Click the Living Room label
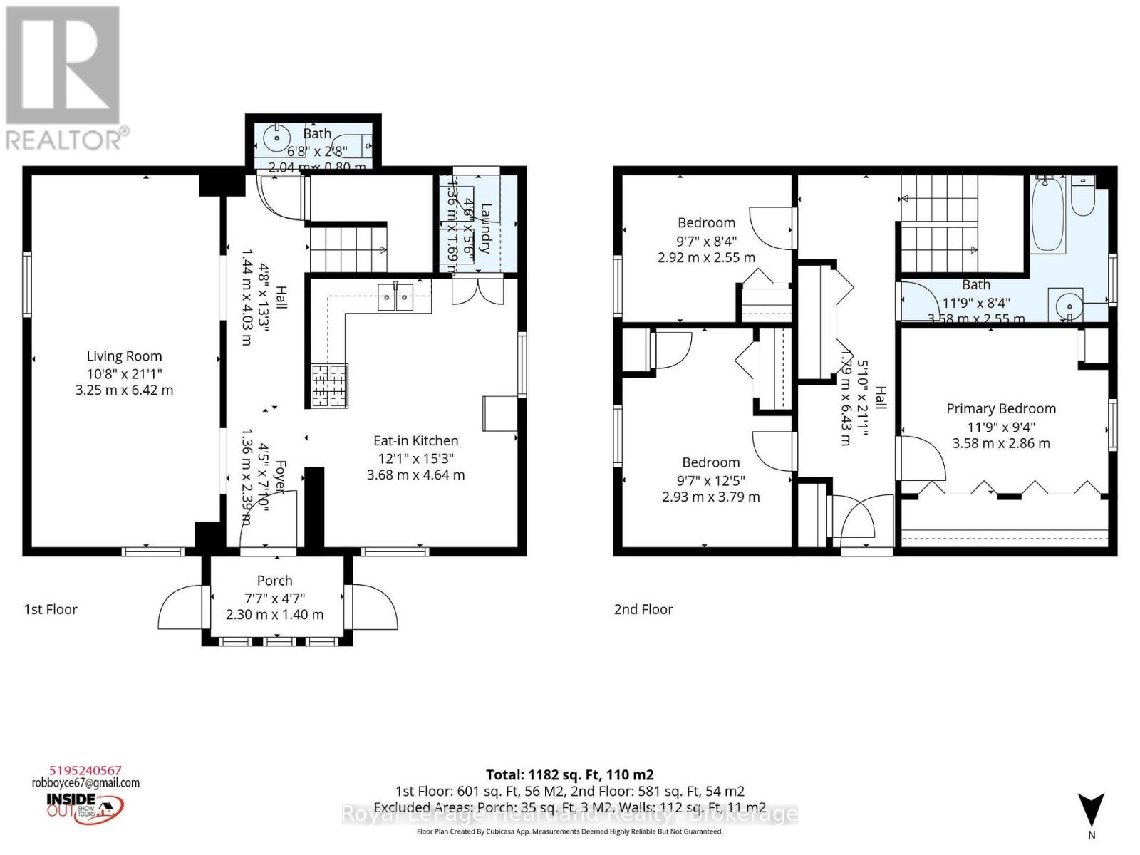click(125, 356)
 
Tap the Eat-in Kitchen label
click(415, 441)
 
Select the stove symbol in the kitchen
click(328, 385)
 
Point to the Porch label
click(274, 581)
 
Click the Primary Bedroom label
click(1000, 408)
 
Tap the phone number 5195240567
click(85, 770)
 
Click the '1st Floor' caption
click(51, 609)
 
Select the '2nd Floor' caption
click(643, 609)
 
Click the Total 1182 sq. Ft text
click(569, 774)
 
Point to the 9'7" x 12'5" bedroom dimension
click(710, 480)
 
